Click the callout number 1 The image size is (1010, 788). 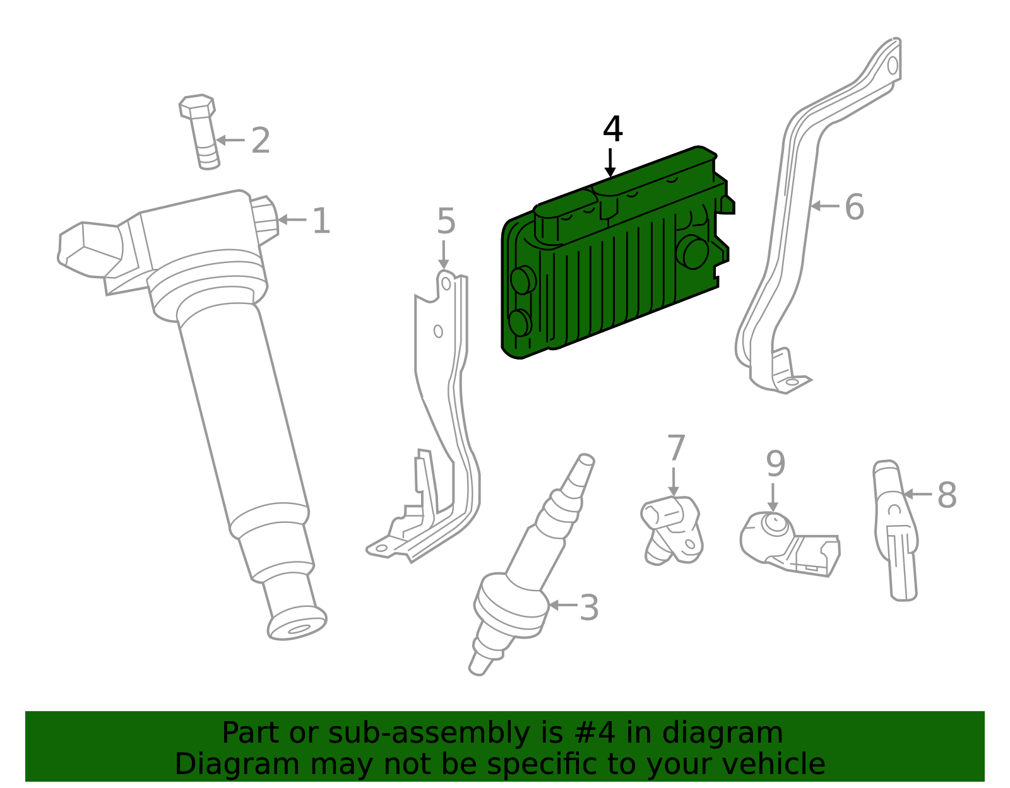point(322,221)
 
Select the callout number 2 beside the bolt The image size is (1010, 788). point(260,140)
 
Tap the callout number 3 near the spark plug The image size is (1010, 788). point(589,608)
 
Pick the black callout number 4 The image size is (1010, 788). point(612,129)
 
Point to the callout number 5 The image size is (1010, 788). point(446,221)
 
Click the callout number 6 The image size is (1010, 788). point(854,207)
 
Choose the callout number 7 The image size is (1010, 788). point(676,448)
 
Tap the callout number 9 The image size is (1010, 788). point(776,464)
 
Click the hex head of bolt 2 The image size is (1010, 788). point(197,106)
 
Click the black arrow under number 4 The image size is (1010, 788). point(610,163)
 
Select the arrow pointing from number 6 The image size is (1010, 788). point(825,206)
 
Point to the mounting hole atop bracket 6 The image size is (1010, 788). point(893,66)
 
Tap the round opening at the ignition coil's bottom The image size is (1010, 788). point(299,630)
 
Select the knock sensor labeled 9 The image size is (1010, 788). point(790,544)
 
